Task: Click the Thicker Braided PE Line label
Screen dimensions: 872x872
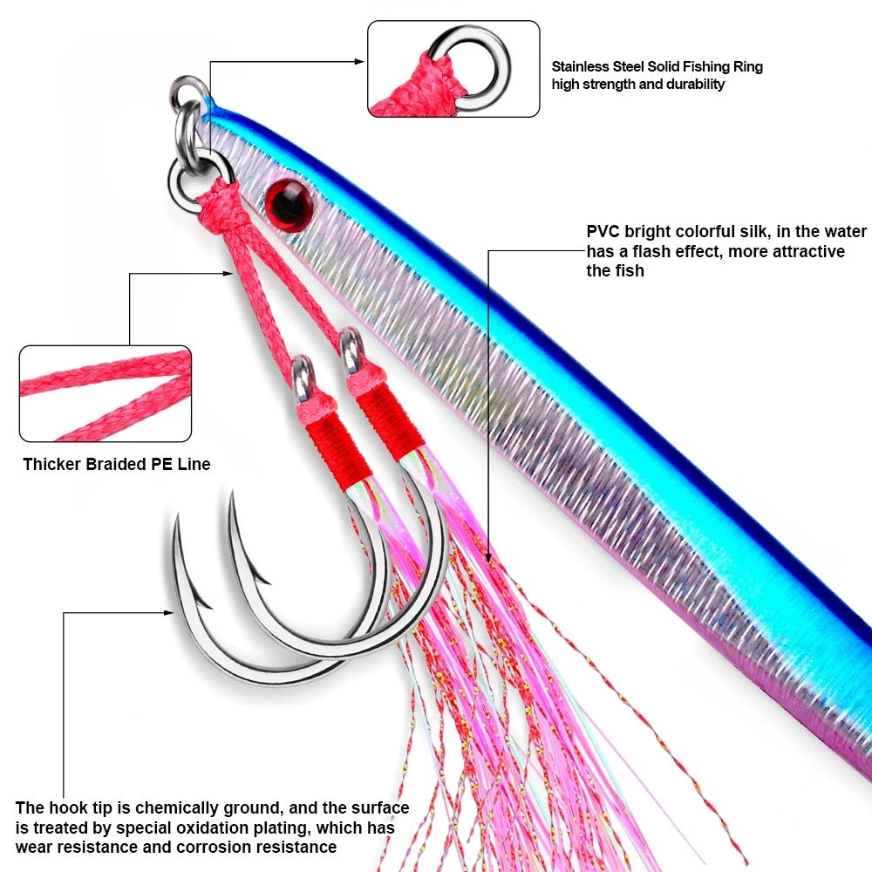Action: coord(117,464)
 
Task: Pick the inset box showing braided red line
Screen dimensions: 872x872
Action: coord(106,393)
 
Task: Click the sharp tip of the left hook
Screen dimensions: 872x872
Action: coord(176,519)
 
